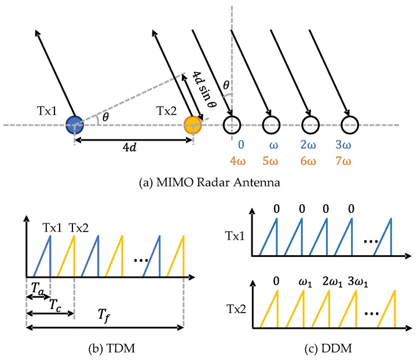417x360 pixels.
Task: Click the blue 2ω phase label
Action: (x=310, y=143)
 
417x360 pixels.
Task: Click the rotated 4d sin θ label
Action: (x=204, y=93)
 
